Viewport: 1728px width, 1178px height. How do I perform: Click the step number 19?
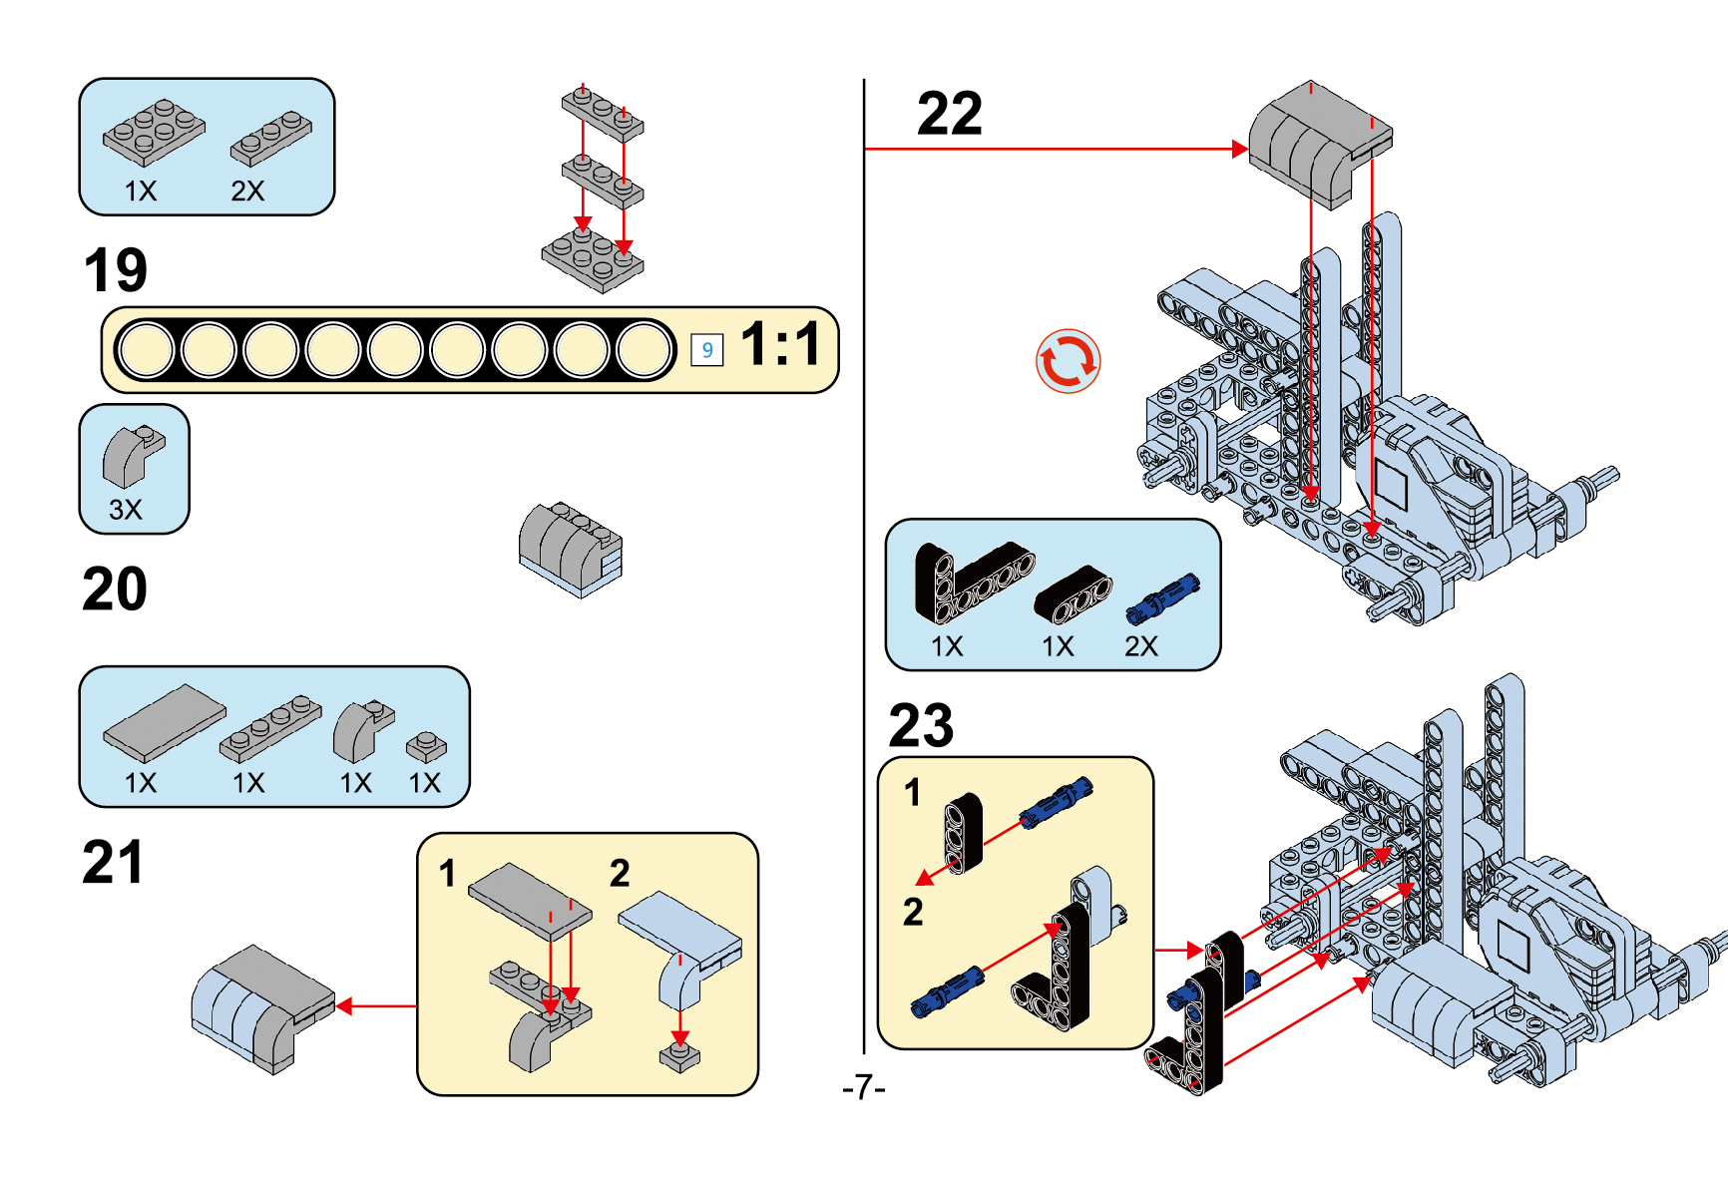click(x=116, y=270)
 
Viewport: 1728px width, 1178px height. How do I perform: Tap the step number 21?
click(x=113, y=862)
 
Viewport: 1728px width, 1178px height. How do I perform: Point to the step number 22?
click(x=949, y=114)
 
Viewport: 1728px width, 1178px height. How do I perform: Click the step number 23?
click(x=920, y=725)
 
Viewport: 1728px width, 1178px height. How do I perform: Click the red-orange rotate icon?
click(x=1068, y=361)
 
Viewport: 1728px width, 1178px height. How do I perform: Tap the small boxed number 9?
click(x=706, y=350)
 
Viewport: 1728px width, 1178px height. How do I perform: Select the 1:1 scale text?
click(x=780, y=345)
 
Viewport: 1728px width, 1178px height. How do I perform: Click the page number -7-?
click(x=863, y=1086)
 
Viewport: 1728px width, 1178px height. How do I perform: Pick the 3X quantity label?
click(x=126, y=510)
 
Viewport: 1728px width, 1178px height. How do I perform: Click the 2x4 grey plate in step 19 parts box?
click(x=154, y=131)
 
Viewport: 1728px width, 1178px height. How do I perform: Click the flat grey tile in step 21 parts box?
click(x=165, y=722)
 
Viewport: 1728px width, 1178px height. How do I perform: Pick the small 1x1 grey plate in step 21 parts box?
click(x=426, y=746)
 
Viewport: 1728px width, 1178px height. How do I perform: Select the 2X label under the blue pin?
click(x=1141, y=646)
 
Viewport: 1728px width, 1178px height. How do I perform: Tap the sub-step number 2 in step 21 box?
click(x=620, y=873)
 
